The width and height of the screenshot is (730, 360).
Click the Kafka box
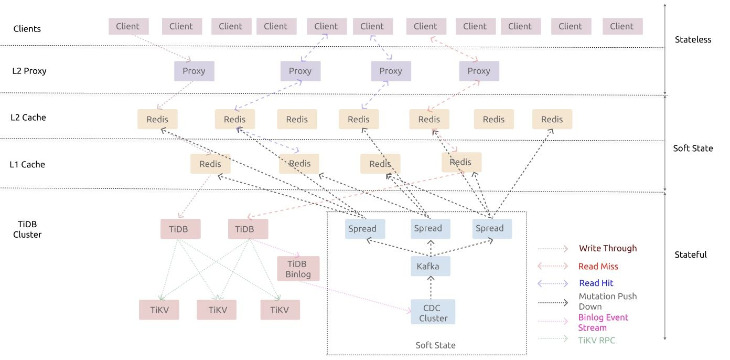point(430,267)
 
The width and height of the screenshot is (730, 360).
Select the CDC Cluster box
point(433,312)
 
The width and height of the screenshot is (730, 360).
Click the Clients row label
point(27,28)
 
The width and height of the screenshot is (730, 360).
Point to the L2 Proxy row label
point(29,71)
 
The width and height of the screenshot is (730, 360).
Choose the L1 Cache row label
point(27,164)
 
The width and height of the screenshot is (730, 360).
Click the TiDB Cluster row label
point(27,229)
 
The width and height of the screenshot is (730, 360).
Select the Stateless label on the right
point(693,39)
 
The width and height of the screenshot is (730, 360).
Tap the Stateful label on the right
point(691,255)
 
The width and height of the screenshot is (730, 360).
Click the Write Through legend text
point(608,248)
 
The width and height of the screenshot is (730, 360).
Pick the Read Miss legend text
point(598,267)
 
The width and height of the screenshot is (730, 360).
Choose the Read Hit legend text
point(596,283)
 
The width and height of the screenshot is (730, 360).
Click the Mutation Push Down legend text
point(607,301)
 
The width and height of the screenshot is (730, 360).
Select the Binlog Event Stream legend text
point(603,322)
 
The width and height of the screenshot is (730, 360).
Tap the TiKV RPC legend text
point(596,340)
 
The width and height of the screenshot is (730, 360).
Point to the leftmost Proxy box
point(194,71)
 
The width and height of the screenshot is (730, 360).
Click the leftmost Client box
point(128,26)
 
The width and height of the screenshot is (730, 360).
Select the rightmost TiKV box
point(280,310)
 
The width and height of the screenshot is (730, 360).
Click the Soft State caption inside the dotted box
point(435,345)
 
